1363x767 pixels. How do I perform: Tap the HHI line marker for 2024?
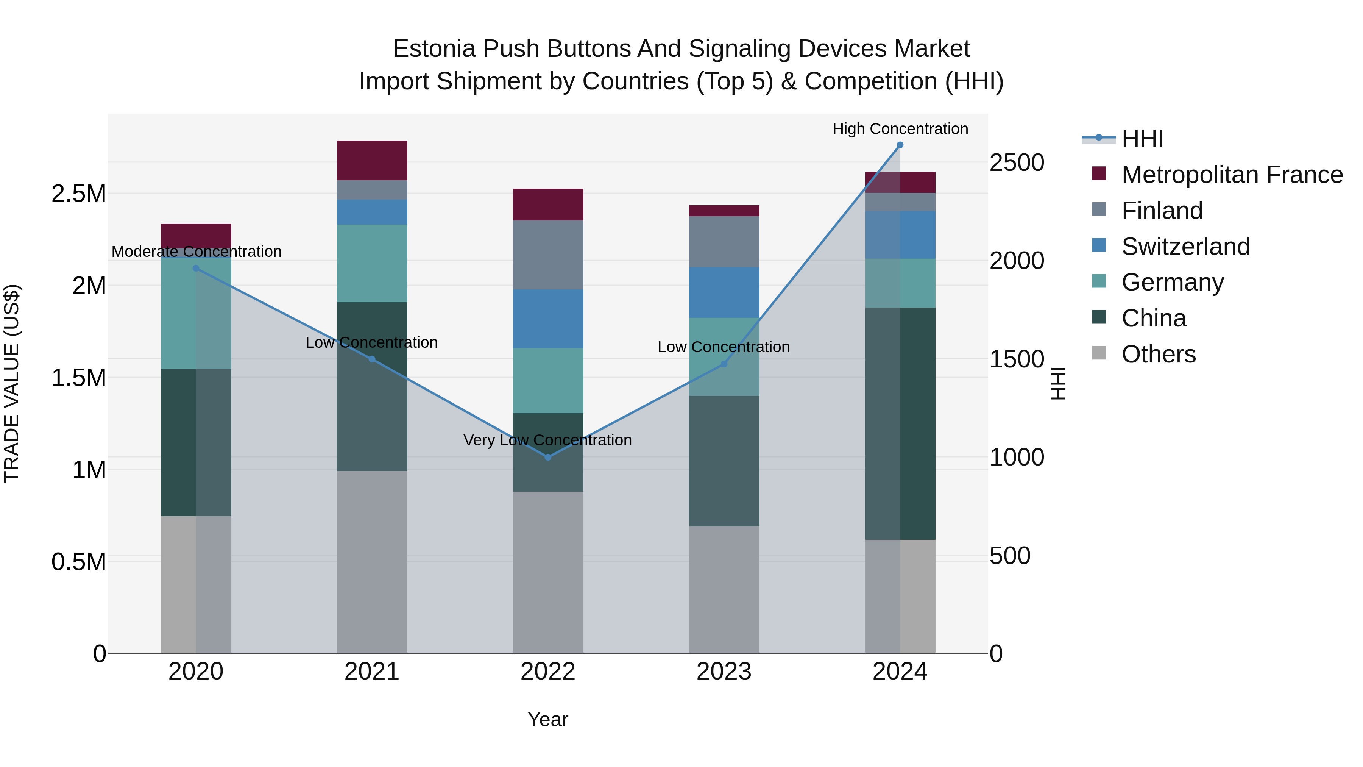click(900, 145)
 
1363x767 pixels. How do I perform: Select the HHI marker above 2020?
click(196, 269)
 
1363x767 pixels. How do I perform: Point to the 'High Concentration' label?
click(900, 129)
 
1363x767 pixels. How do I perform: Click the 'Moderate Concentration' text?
click(196, 252)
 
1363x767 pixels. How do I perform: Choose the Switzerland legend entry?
click(1185, 246)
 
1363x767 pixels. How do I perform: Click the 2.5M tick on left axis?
click(78, 194)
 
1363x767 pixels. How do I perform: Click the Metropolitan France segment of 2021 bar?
click(372, 160)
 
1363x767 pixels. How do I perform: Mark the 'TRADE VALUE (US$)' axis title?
click(12, 383)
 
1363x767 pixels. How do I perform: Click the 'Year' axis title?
click(547, 719)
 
